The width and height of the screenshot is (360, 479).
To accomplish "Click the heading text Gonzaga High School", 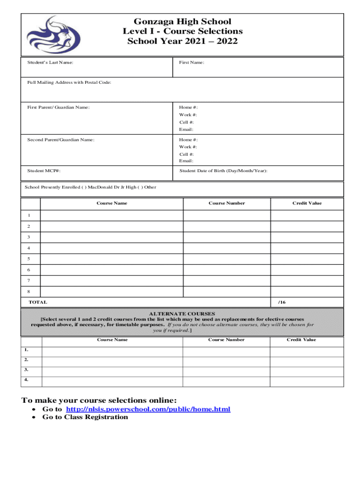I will [182, 22].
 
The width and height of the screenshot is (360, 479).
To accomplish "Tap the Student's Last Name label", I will [50, 62].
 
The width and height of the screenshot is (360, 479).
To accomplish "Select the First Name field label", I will [191, 62].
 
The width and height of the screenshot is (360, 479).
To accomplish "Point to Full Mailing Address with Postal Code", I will [69, 82].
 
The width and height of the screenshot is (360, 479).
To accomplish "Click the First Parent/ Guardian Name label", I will [58, 108].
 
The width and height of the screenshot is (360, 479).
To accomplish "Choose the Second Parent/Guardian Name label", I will [61, 139].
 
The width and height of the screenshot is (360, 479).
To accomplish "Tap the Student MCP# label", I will [43, 171].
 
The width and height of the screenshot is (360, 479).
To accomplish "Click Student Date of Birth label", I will [223, 171].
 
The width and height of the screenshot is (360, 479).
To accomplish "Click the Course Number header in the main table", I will [227, 203].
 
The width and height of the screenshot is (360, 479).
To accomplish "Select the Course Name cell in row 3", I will [111, 237].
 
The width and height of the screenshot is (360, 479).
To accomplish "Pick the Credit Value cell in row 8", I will [307, 291].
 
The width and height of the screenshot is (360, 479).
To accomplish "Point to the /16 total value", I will [281, 302].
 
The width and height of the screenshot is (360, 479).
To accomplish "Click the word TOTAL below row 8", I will [38, 302].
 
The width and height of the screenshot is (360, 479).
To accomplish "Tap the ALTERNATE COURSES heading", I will [182, 313].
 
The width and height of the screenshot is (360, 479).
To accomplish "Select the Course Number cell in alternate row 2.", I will [226, 360].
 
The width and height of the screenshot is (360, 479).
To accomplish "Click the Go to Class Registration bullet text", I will [85, 417].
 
